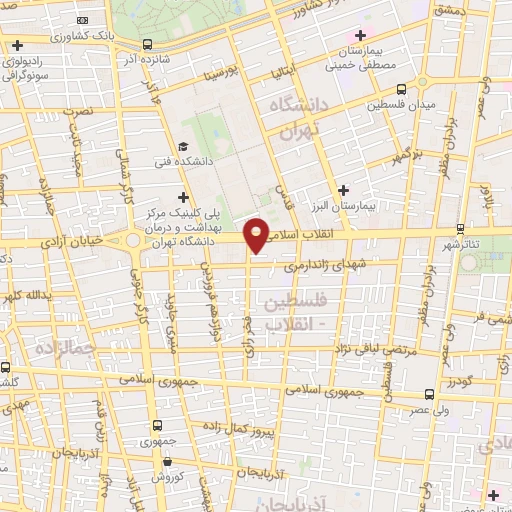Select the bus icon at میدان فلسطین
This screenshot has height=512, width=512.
point(399,88)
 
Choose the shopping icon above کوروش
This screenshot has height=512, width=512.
point(167,462)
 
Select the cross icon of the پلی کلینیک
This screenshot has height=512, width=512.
point(182,198)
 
